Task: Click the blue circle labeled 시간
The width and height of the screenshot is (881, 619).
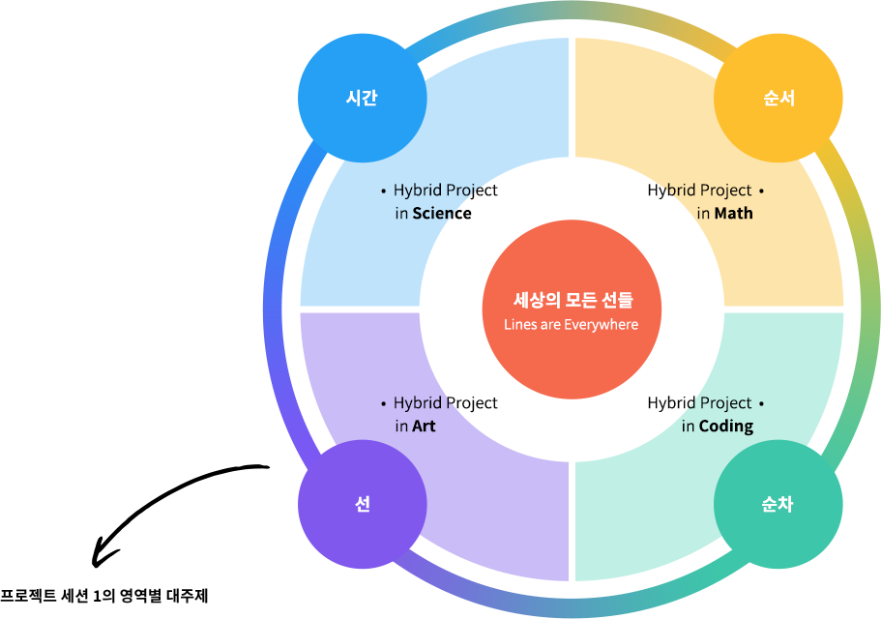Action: pyautogui.click(x=361, y=98)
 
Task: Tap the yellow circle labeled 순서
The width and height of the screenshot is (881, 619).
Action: pyautogui.click(x=778, y=98)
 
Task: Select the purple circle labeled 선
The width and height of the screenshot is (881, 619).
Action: pyautogui.click(x=362, y=504)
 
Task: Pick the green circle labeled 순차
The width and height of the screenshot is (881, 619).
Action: pyautogui.click(x=778, y=504)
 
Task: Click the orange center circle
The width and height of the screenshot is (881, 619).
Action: pyautogui.click(x=571, y=309)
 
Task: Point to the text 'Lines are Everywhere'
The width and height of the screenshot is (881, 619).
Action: pyautogui.click(x=571, y=325)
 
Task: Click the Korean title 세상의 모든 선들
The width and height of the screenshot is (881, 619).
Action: pyautogui.click(x=573, y=301)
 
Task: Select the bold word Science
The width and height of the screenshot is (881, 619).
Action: pyautogui.click(x=442, y=213)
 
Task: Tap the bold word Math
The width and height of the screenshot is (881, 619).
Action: pyautogui.click(x=733, y=213)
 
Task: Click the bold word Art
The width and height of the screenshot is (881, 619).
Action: pyautogui.click(x=424, y=426)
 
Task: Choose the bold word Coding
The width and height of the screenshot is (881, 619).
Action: pyautogui.click(x=725, y=426)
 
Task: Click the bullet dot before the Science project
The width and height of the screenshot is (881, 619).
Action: pyautogui.click(x=384, y=191)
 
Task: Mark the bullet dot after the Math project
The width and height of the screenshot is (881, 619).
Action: pyautogui.click(x=762, y=191)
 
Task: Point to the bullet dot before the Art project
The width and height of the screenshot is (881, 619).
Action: pyautogui.click(x=384, y=403)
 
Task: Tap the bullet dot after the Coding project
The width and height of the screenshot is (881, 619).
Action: pyautogui.click(x=762, y=403)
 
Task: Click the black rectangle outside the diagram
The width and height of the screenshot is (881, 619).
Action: pyautogui.click(x=181, y=516)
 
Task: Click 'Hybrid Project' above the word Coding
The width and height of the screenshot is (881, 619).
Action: pyautogui.click(x=699, y=403)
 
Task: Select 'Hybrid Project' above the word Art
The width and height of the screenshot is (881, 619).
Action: pyautogui.click(x=446, y=403)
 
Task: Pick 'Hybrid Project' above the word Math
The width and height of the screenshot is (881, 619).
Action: pyautogui.click(x=699, y=191)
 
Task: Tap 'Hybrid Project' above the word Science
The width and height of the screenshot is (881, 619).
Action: pyautogui.click(x=446, y=191)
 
